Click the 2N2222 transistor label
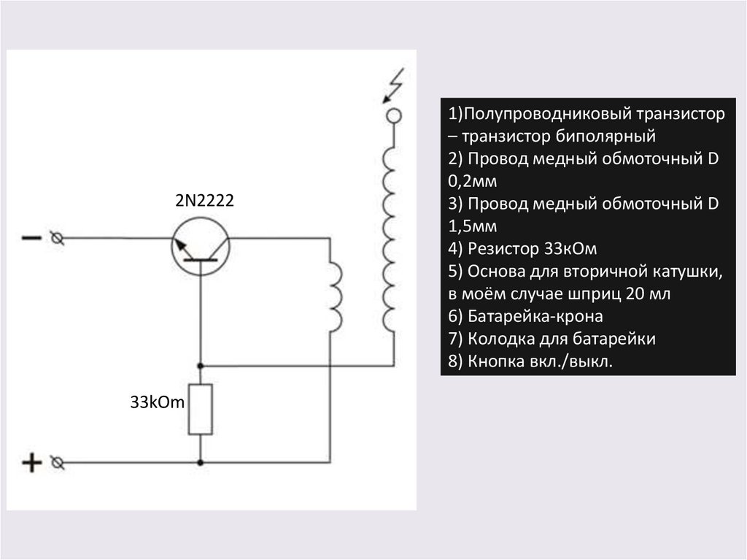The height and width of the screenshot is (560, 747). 204,202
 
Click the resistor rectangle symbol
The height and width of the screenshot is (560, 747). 201,409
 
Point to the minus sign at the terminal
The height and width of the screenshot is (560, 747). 31,238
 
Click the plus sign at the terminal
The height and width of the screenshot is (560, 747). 31,463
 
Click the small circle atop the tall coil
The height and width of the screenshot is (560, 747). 394,115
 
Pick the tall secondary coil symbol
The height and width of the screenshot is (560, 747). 389,237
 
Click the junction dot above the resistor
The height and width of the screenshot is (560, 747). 201,364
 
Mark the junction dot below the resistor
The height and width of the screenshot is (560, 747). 201,462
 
